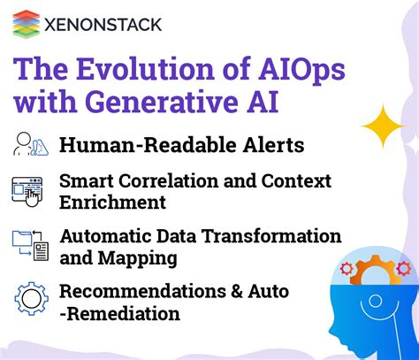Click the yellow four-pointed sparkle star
382,126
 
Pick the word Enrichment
112,203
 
